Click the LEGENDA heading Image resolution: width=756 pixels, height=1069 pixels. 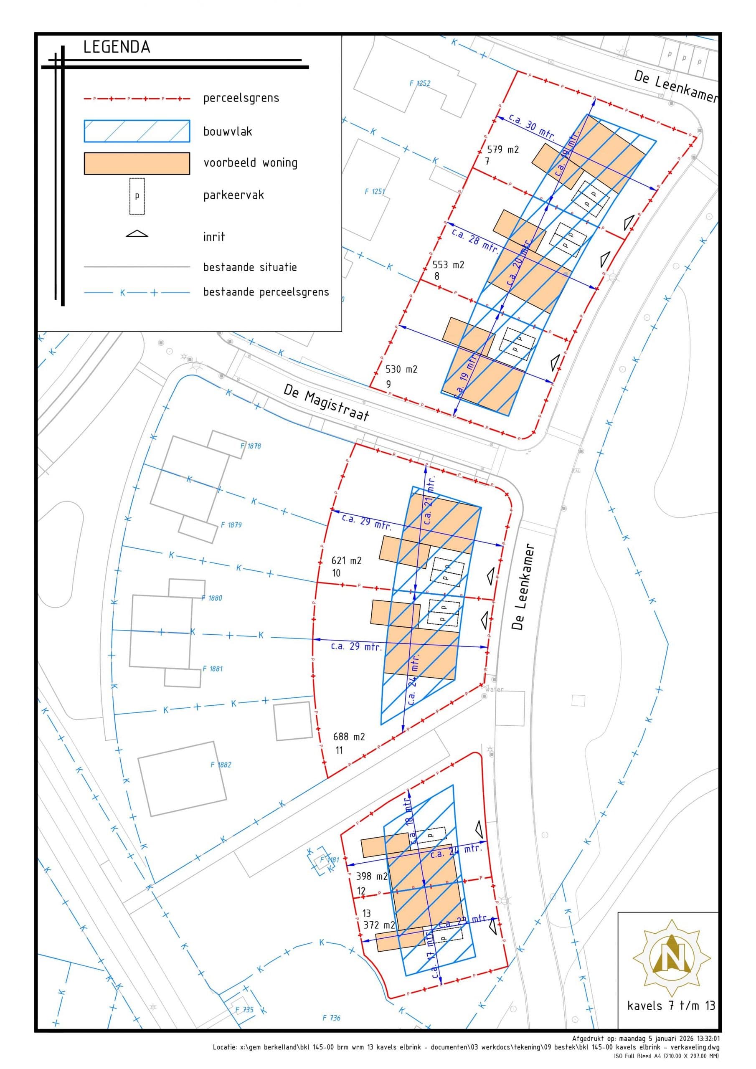click(117, 47)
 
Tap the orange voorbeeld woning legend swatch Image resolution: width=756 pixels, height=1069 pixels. click(137, 163)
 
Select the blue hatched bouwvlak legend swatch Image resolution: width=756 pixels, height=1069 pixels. click(137, 131)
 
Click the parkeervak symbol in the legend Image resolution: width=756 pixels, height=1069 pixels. click(137, 196)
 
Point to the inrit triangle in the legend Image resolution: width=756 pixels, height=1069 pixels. click(137, 233)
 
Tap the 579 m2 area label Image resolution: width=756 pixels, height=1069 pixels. click(502, 149)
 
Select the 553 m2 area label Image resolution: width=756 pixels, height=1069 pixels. click(449, 264)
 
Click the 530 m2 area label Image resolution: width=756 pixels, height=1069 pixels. click(401, 369)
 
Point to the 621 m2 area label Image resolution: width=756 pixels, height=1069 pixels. click(346, 560)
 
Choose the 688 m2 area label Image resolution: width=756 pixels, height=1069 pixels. click(349, 737)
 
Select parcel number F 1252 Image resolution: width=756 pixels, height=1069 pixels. click(420, 84)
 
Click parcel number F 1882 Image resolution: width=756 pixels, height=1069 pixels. click(221, 765)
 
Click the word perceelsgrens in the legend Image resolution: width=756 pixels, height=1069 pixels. click(241, 98)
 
